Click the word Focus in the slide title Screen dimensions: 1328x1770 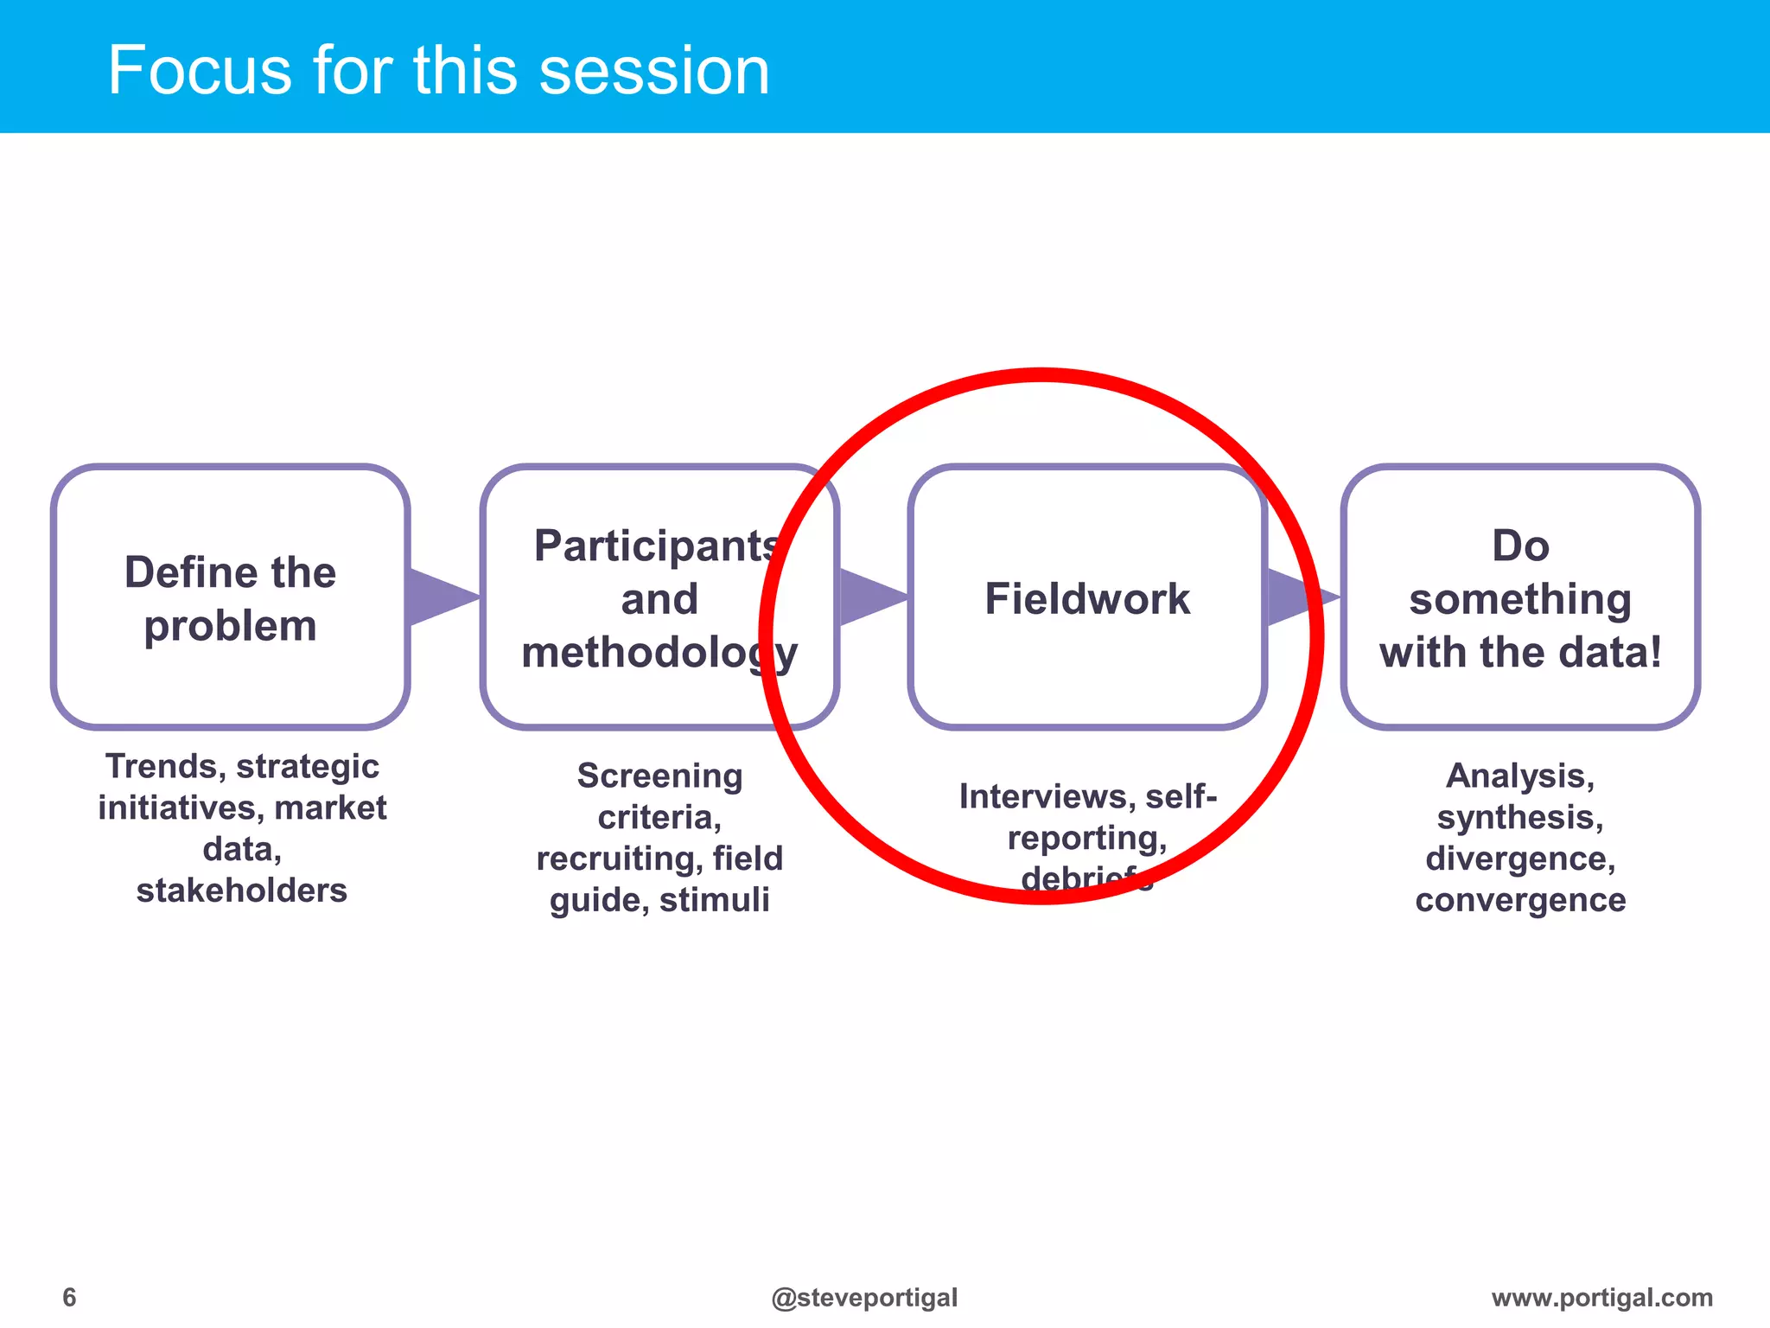200,70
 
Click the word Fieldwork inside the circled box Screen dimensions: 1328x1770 1087,598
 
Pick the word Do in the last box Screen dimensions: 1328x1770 1520,546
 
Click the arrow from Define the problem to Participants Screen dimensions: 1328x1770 441,597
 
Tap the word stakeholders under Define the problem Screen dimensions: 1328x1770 242,891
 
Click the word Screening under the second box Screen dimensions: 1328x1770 659,776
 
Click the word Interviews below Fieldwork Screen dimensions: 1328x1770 1046,796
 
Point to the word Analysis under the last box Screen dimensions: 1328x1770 1519,776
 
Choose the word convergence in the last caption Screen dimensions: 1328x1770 1520,900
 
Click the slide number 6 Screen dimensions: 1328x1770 69,1297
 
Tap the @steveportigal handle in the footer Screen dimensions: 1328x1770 864,1297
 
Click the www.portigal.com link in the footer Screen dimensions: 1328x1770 1601,1297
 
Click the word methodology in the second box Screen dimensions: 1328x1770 659,653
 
